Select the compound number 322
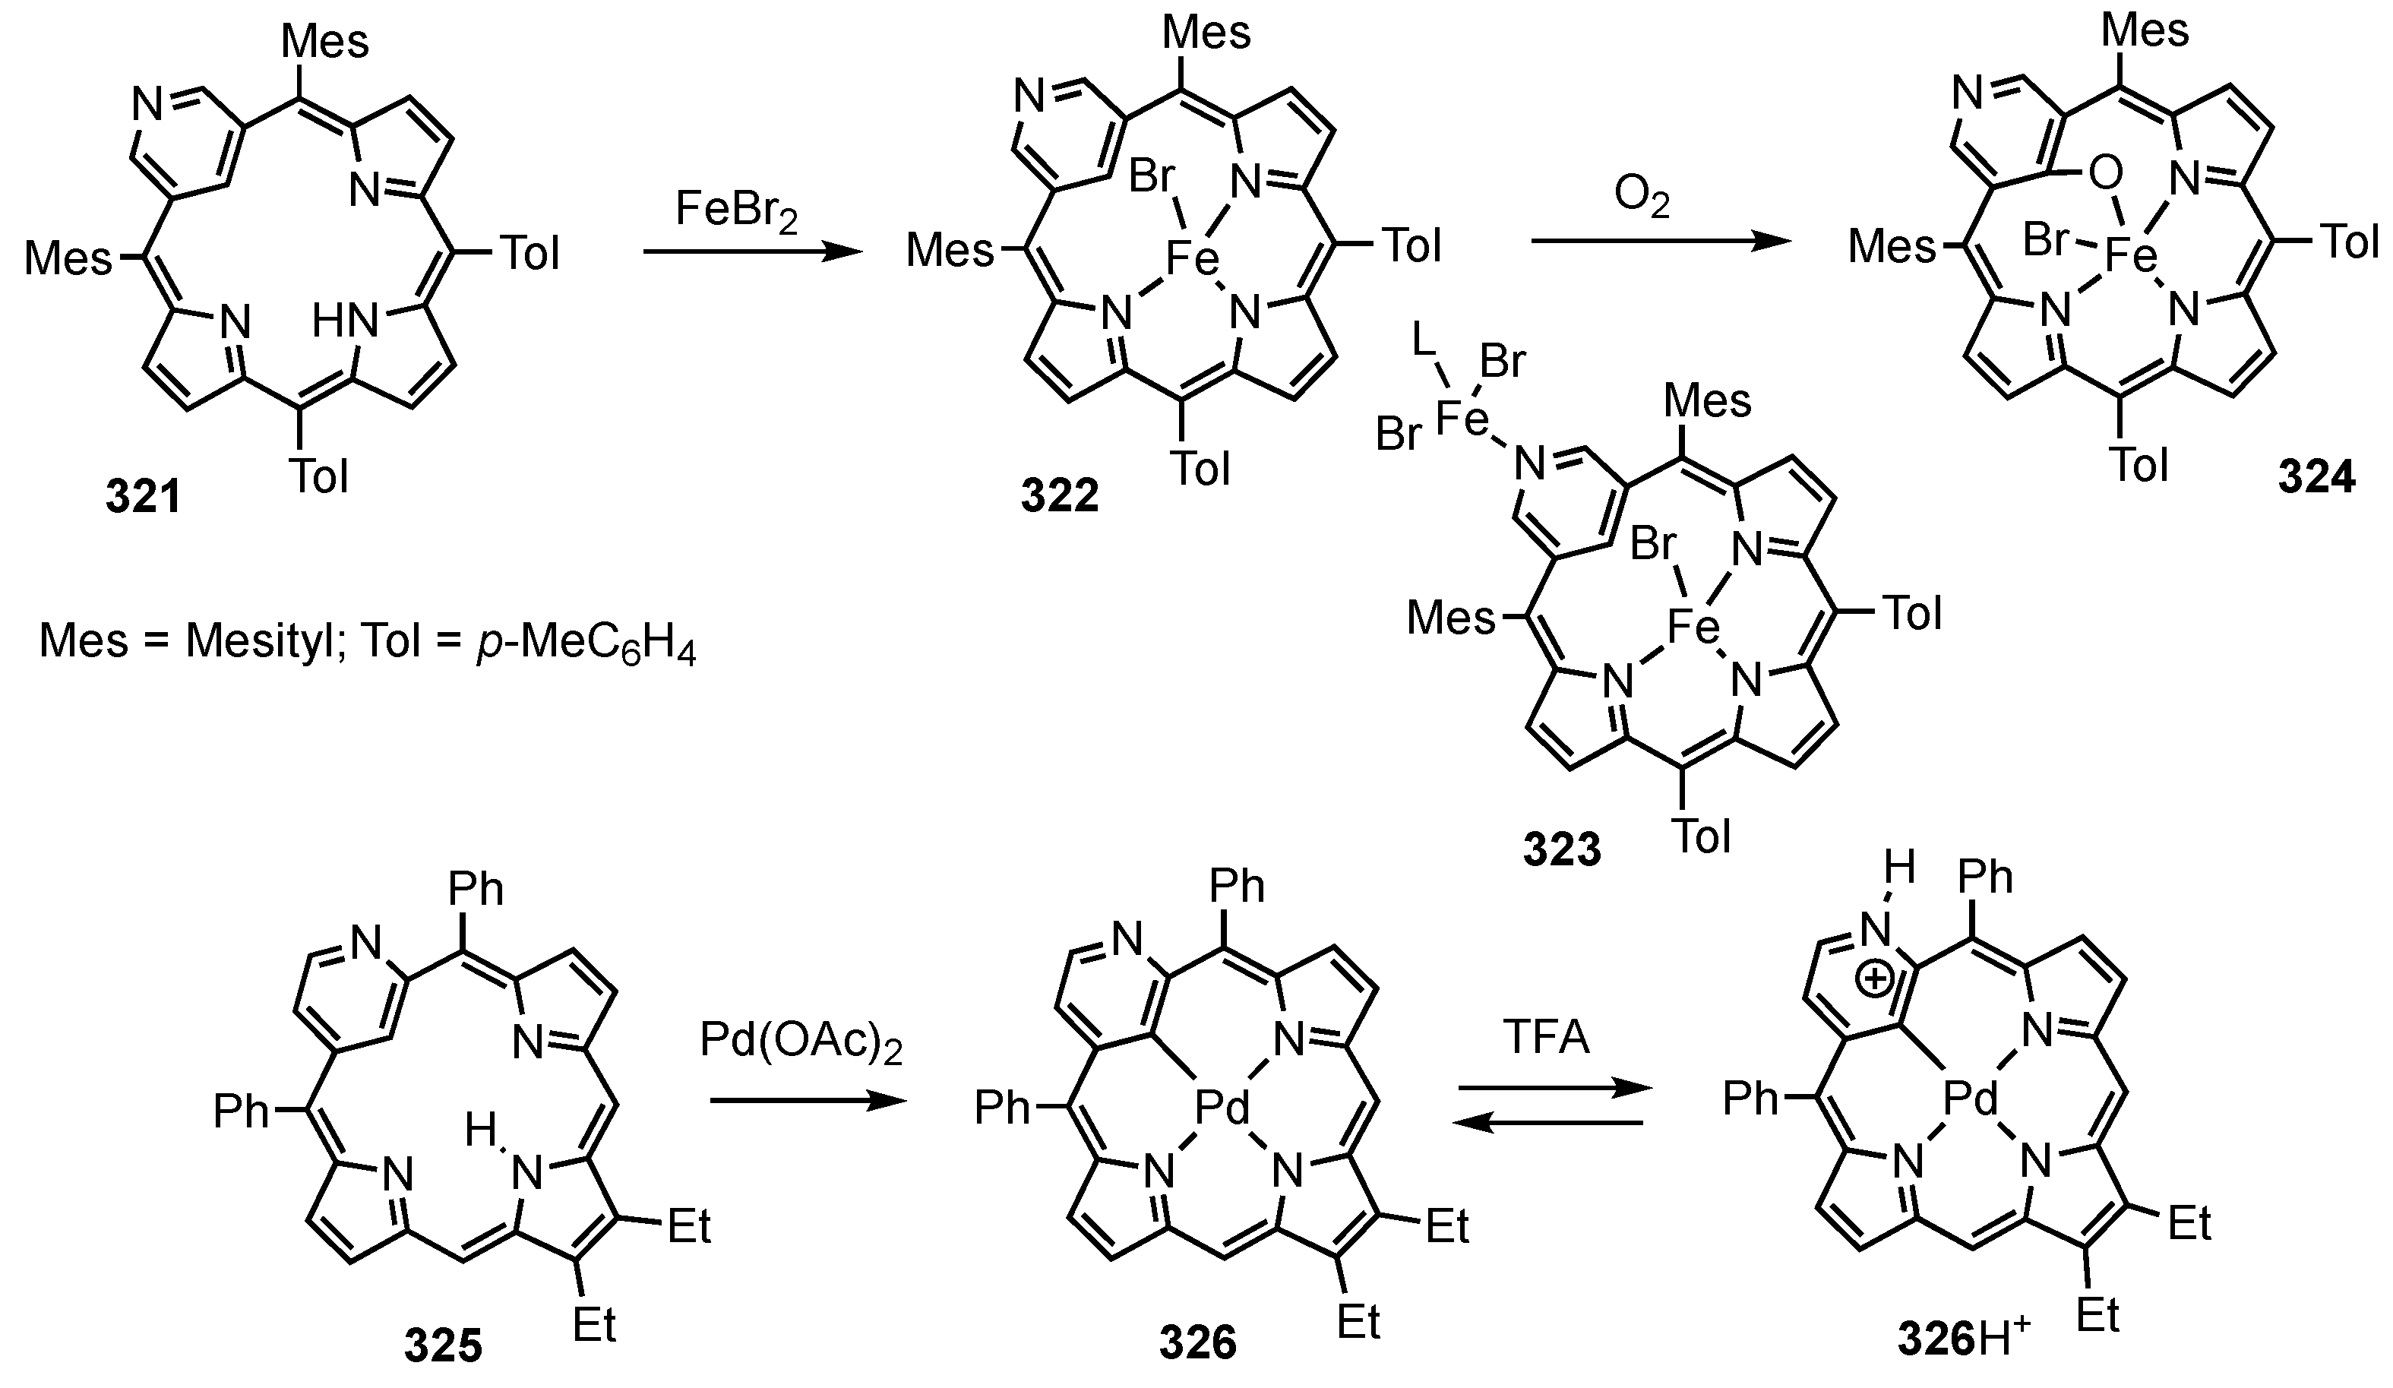pos(1060,495)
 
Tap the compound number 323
pos(1562,849)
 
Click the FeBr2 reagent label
pos(737,210)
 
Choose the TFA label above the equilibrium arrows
pos(1546,1038)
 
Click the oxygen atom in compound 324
pos(2104,175)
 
